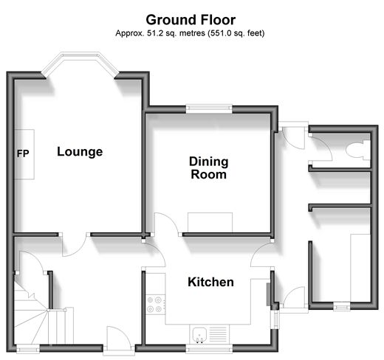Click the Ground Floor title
[x=191, y=20]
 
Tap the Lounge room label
[x=80, y=152]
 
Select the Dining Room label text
[x=209, y=168]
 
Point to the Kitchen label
[x=210, y=282]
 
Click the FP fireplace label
[x=23, y=153]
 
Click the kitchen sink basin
[x=199, y=333]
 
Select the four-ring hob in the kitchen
[x=154, y=305]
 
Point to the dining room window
[x=209, y=108]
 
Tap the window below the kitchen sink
[x=209, y=349]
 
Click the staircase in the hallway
[x=31, y=312]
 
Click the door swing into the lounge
[x=75, y=245]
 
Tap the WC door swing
[x=320, y=149]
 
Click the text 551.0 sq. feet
[x=236, y=33]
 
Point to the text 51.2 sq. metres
[x=176, y=33]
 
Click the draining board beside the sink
[x=218, y=334]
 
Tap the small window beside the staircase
[x=28, y=349]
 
